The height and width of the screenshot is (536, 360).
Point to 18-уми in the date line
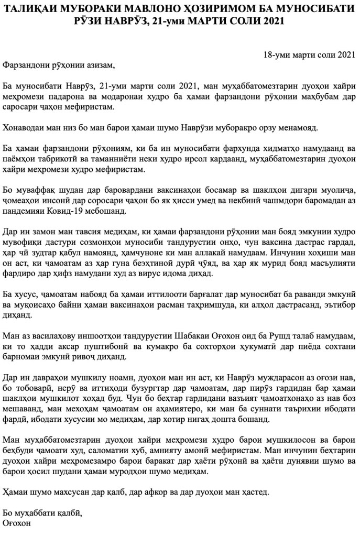276,54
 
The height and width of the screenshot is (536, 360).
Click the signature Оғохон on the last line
19,524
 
